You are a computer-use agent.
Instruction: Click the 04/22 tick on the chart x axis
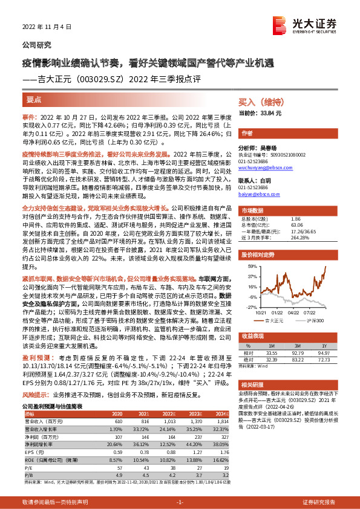[x=295, y=313]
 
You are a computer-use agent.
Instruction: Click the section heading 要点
[x=34, y=99]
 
